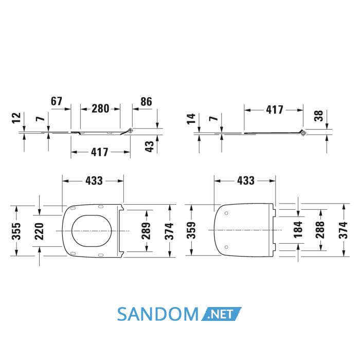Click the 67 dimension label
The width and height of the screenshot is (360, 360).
click(57, 101)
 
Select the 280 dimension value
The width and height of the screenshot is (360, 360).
click(100, 109)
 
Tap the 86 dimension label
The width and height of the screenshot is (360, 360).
click(146, 101)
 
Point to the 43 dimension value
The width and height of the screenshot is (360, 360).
click(150, 146)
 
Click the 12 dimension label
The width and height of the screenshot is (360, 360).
click(16, 118)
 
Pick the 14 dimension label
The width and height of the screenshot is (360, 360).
click(191, 119)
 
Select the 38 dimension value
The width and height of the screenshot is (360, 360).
click(318, 116)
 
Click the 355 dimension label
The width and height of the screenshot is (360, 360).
click(16, 231)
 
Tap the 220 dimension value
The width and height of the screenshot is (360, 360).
click(39, 231)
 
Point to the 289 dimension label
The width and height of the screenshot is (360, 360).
click(146, 231)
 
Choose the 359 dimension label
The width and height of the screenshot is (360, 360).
click(191, 230)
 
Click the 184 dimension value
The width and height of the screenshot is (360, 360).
click(298, 230)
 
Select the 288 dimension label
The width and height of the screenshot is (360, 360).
click(320, 230)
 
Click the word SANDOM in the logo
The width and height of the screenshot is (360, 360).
click(158, 314)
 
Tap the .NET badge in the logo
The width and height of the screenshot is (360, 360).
click(221, 314)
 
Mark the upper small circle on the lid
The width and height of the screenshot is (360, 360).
click(226, 213)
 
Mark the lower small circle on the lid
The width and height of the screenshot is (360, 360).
click(226, 247)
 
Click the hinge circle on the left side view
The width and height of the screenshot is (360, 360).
click(131, 131)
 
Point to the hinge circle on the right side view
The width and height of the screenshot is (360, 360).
click(303, 133)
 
